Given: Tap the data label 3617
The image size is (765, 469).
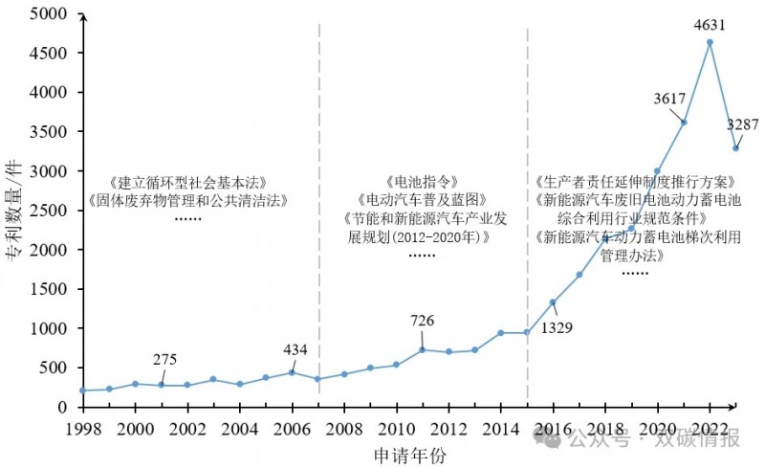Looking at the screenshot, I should pyautogui.click(x=669, y=99).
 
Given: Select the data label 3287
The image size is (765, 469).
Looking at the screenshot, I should pyautogui.click(x=743, y=124).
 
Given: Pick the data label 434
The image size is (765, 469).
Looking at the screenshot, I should pyautogui.click(x=295, y=349).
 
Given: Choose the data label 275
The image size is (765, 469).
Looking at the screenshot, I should pyautogui.click(x=165, y=360).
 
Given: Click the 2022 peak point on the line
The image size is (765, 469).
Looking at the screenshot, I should pyautogui.click(x=710, y=42).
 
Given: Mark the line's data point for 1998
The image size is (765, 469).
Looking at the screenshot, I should pyautogui.click(x=83, y=391).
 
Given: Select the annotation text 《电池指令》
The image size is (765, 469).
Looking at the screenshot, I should pyautogui.click(x=422, y=182).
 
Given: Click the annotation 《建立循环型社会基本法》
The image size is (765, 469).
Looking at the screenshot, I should pyautogui.click(x=186, y=183).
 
